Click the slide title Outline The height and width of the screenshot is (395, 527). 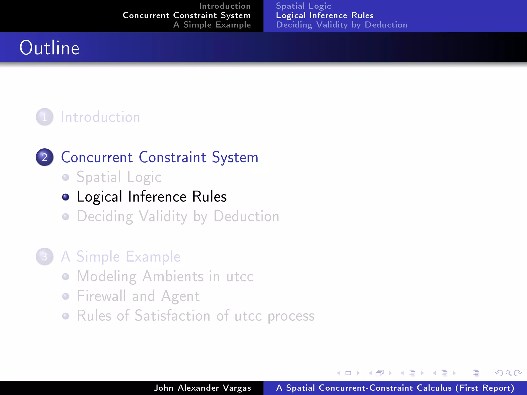(49, 48)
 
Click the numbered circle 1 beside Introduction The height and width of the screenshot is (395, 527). (45, 117)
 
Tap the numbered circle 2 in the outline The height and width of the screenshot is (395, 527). (45, 157)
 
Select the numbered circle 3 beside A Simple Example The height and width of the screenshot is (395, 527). (45, 256)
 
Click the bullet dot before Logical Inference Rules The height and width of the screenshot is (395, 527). (66, 197)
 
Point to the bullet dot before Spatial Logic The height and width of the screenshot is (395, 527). (66, 177)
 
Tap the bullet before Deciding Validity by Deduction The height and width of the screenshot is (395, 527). (66, 217)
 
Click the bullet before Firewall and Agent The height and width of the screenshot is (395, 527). (66, 296)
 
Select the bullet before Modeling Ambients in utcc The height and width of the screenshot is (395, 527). (66, 276)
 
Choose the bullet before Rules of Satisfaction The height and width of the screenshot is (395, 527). (66, 316)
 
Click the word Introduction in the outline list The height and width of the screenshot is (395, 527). (100, 117)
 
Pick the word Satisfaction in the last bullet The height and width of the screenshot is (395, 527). (172, 316)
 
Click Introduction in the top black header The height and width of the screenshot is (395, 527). (225, 6)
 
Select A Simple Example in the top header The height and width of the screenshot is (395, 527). (212, 25)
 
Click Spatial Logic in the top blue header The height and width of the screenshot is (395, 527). (303, 6)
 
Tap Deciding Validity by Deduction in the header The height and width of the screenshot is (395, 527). (341, 25)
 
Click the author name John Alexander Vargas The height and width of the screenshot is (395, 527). (202, 388)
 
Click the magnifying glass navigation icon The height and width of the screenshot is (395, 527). (508, 373)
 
